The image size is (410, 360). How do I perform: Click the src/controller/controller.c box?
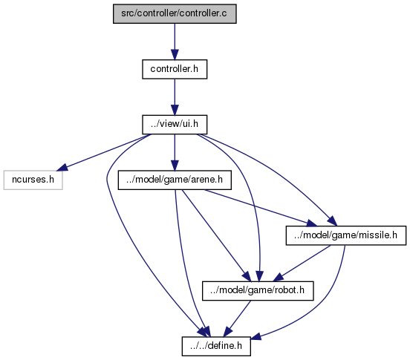pos(175,13)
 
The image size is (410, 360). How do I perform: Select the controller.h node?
pos(175,69)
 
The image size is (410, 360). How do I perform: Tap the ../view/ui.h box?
pos(175,125)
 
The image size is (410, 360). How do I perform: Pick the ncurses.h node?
pos(33,180)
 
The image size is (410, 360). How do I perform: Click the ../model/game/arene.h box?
pos(175,180)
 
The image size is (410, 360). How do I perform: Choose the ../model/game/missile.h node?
pos(346,235)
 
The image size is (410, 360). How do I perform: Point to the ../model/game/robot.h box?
pos(258,291)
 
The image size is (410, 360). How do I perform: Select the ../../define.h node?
pos(216,346)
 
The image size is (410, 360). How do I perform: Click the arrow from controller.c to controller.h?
pos(175,42)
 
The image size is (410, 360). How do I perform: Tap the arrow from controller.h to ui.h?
pos(175,97)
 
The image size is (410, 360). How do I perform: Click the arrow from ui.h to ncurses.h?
pos(104,153)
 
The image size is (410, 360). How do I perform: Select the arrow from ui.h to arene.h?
pos(175,152)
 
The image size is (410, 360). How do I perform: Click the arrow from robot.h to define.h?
pos(237,318)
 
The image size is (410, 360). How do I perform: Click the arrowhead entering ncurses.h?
pos(62,168)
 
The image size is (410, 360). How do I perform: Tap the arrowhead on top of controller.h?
pos(175,54)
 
